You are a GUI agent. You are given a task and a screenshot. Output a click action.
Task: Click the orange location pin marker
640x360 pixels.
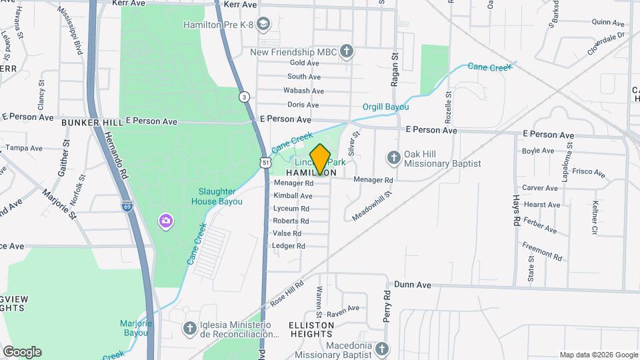321,159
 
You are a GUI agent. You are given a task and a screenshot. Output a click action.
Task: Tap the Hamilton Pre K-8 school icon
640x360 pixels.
263,25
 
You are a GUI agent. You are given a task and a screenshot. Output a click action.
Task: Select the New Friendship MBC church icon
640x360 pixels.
346,51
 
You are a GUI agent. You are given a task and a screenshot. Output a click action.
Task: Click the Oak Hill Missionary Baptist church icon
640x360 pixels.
393,157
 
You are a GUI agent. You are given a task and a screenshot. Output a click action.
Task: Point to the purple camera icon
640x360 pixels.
165,221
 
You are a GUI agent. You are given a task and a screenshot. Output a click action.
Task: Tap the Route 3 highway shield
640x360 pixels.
245,97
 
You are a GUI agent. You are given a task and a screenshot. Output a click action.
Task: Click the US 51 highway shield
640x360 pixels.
265,163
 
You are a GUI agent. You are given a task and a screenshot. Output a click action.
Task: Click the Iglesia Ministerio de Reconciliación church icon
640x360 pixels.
190,327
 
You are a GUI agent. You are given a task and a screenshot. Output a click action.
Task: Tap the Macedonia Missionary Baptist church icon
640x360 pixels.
381,349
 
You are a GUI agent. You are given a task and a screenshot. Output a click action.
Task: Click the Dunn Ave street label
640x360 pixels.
412,285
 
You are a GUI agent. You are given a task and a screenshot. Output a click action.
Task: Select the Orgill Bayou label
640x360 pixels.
385,107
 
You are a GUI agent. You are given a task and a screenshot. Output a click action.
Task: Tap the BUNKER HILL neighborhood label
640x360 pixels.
92,123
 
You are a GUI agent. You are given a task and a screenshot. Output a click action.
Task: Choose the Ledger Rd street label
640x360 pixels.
289,246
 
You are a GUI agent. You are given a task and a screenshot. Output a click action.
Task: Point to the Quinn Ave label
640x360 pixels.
607,21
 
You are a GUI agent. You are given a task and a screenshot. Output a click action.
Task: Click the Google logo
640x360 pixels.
22,352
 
